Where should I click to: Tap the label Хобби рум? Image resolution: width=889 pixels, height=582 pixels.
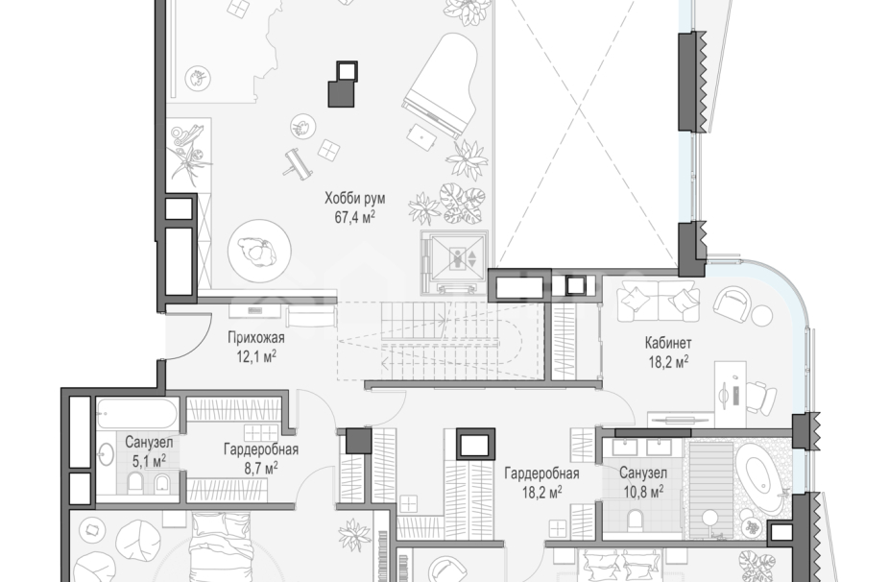pos(355,199)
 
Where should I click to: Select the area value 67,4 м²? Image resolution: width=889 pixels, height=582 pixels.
pos(355,217)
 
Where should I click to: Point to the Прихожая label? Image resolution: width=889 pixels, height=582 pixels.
pos(255,338)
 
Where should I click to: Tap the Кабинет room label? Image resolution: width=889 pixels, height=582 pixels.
pos(668,343)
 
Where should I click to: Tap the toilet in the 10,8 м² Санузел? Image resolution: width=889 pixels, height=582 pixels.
pos(636,519)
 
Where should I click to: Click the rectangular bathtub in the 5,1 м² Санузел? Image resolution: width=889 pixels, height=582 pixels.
pos(136,413)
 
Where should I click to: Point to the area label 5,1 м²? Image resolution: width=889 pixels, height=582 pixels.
pos(149,460)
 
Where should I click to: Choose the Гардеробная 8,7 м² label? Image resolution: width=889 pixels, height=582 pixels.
pos(261,458)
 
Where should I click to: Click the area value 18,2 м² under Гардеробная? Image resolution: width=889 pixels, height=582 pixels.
pos(541,491)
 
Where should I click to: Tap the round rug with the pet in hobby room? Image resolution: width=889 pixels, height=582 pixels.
pos(259,252)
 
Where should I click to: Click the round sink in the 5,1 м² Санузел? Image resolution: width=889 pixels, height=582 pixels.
pos(106,455)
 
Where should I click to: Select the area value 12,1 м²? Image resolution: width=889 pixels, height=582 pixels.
pos(255,357)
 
